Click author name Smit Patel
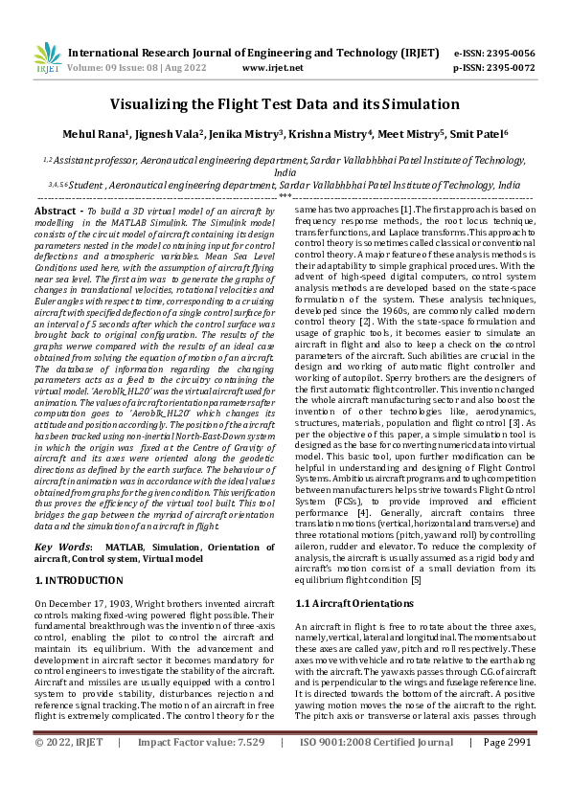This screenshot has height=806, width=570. click(479, 135)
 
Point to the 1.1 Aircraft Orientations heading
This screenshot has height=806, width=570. click(355, 603)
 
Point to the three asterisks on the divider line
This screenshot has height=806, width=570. click(285, 196)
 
